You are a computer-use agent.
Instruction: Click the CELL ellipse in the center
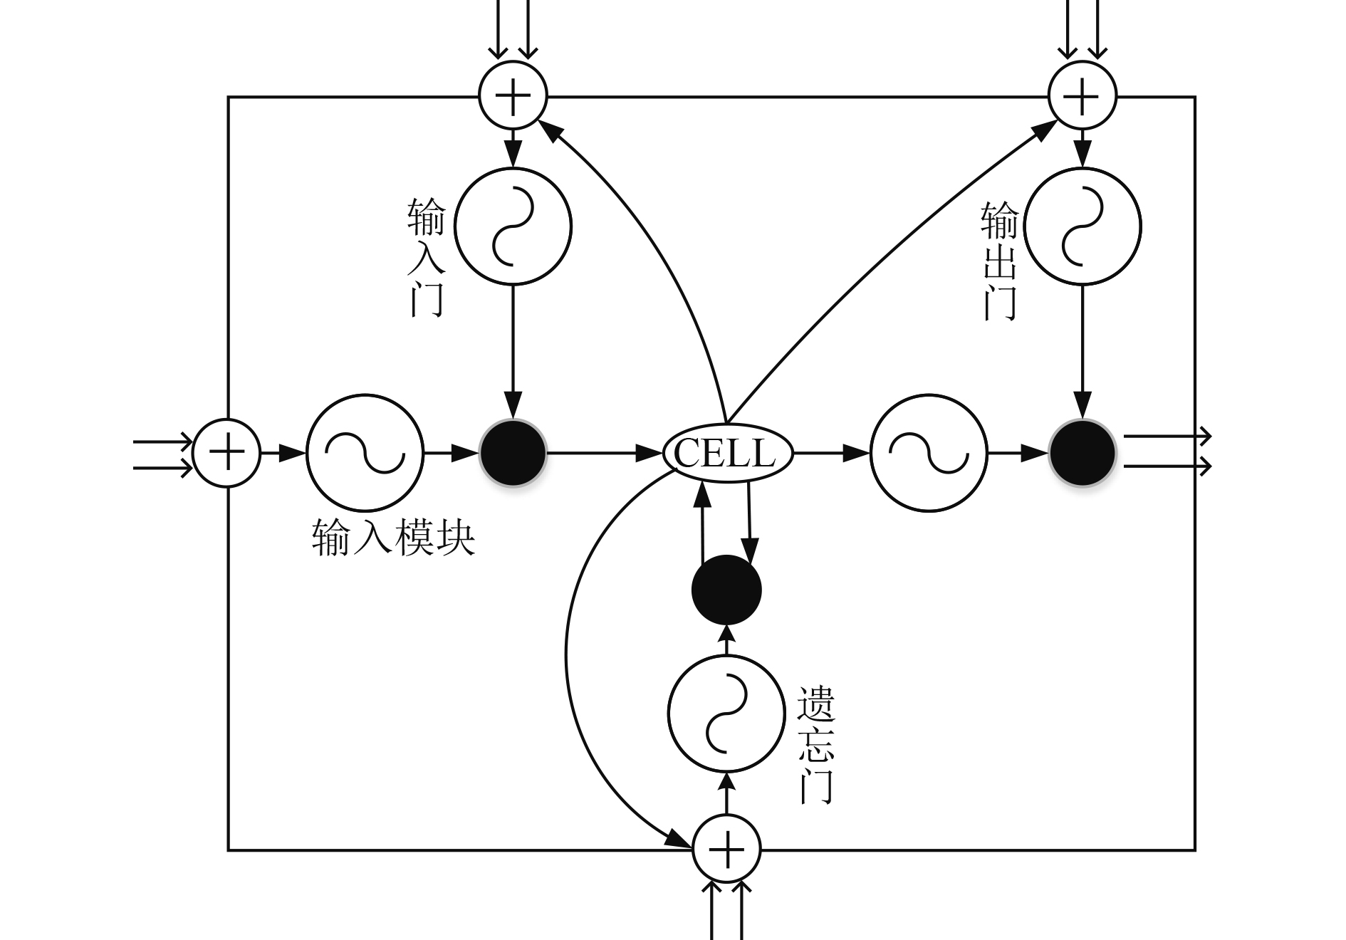click(727, 453)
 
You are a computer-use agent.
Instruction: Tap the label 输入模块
click(393, 538)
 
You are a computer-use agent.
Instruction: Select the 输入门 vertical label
click(426, 257)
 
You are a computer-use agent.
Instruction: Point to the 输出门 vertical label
click(999, 261)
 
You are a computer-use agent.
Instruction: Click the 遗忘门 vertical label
click(815, 745)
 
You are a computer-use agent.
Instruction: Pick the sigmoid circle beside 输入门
click(513, 226)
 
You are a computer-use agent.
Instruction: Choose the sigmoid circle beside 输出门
click(1082, 226)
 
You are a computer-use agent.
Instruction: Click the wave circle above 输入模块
click(365, 453)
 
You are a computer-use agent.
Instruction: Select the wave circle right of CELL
click(929, 453)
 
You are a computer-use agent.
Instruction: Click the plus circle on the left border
click(227, 453)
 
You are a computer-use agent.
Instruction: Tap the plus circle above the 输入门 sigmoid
click(513, 95)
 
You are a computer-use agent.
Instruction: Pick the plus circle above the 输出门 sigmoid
click(1082, 95)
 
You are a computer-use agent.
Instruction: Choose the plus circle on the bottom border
click(726, 849)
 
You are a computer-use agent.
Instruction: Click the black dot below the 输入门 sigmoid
click(513, 453)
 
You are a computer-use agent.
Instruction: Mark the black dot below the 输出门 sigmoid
click(1082, 453)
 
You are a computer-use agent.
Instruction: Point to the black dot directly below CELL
click(726, 590)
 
